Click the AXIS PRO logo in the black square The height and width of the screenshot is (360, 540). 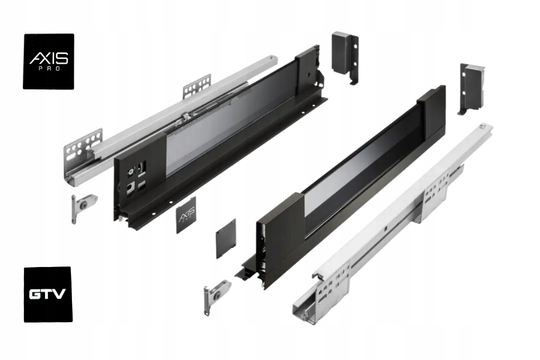point(49,61)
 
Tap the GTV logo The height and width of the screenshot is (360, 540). point(48,294)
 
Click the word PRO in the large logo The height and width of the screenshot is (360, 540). point(49,70)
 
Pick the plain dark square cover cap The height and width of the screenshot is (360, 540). point(226,238)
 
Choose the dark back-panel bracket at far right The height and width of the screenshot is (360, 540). point(470,87)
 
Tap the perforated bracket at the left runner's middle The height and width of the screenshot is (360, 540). point(197,87)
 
